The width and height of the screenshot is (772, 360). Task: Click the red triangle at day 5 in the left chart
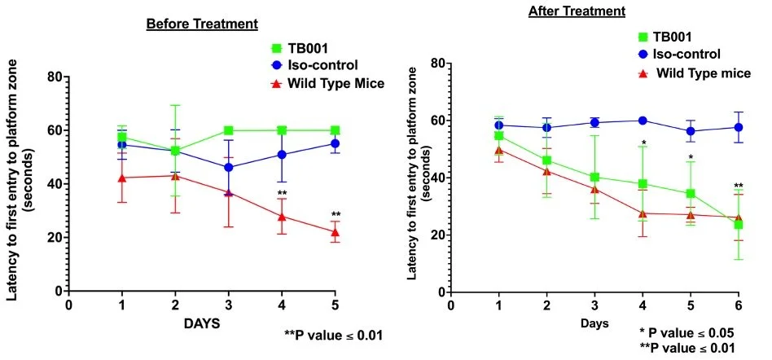[x=335, y=232]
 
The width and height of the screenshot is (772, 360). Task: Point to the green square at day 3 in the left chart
[x=229, y=130]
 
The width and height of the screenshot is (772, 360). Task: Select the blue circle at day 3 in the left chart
[x=229, y=167]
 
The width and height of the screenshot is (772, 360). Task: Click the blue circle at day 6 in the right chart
[x=739, y=127]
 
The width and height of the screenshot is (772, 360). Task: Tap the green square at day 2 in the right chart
[x=547, y=160]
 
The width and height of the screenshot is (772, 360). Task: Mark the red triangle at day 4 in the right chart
[x=643, y=213]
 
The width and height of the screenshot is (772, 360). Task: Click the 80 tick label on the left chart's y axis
[x=55, y=77]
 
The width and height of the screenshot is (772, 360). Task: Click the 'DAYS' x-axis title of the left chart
[x=200, y=323]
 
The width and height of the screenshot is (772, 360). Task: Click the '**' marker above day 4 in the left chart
[x=282, y=194]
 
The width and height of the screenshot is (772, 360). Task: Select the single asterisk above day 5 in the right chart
[x=691, y=158]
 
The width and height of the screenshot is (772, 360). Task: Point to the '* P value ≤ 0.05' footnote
[x=687, y=332]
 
